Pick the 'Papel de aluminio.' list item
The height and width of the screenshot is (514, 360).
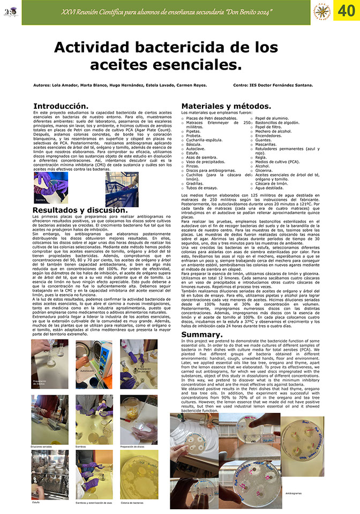[x=274, y=117]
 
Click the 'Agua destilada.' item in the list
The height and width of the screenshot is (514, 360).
[x=271, y=188]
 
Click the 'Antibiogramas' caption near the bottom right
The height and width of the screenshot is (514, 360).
[x=295, y=492]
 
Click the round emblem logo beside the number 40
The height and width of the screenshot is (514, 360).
[x=321, y=12]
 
